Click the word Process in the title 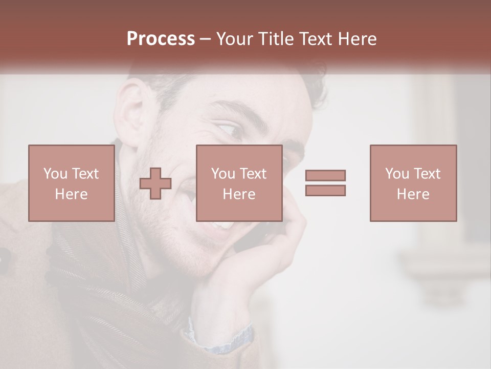[x=161, y=39]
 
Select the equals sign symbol [x=325, y=183]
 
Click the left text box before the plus [x=72, y=183]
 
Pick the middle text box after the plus [x=239, y=183]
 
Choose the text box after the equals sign [x=413, y=183]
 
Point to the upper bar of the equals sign [x=325, y=176]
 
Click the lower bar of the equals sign [x=325, y=190]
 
